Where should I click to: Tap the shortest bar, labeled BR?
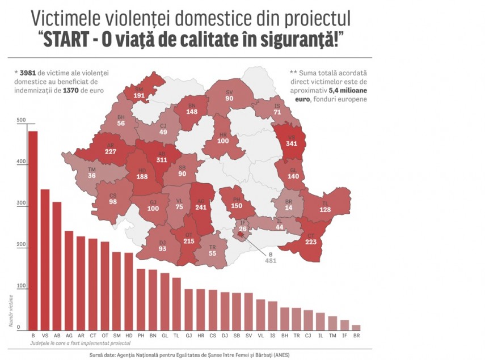tap(356, 327)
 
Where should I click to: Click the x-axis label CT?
tap(92, 336)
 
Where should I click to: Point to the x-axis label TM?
tap(332, 336)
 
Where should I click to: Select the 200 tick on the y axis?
tap(22, 245)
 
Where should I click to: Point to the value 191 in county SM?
tap(139, 96)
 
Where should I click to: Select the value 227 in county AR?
tap(111, 151)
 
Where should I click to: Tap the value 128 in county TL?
tap(324, 209)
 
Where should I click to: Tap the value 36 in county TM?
tap(91, 176)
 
